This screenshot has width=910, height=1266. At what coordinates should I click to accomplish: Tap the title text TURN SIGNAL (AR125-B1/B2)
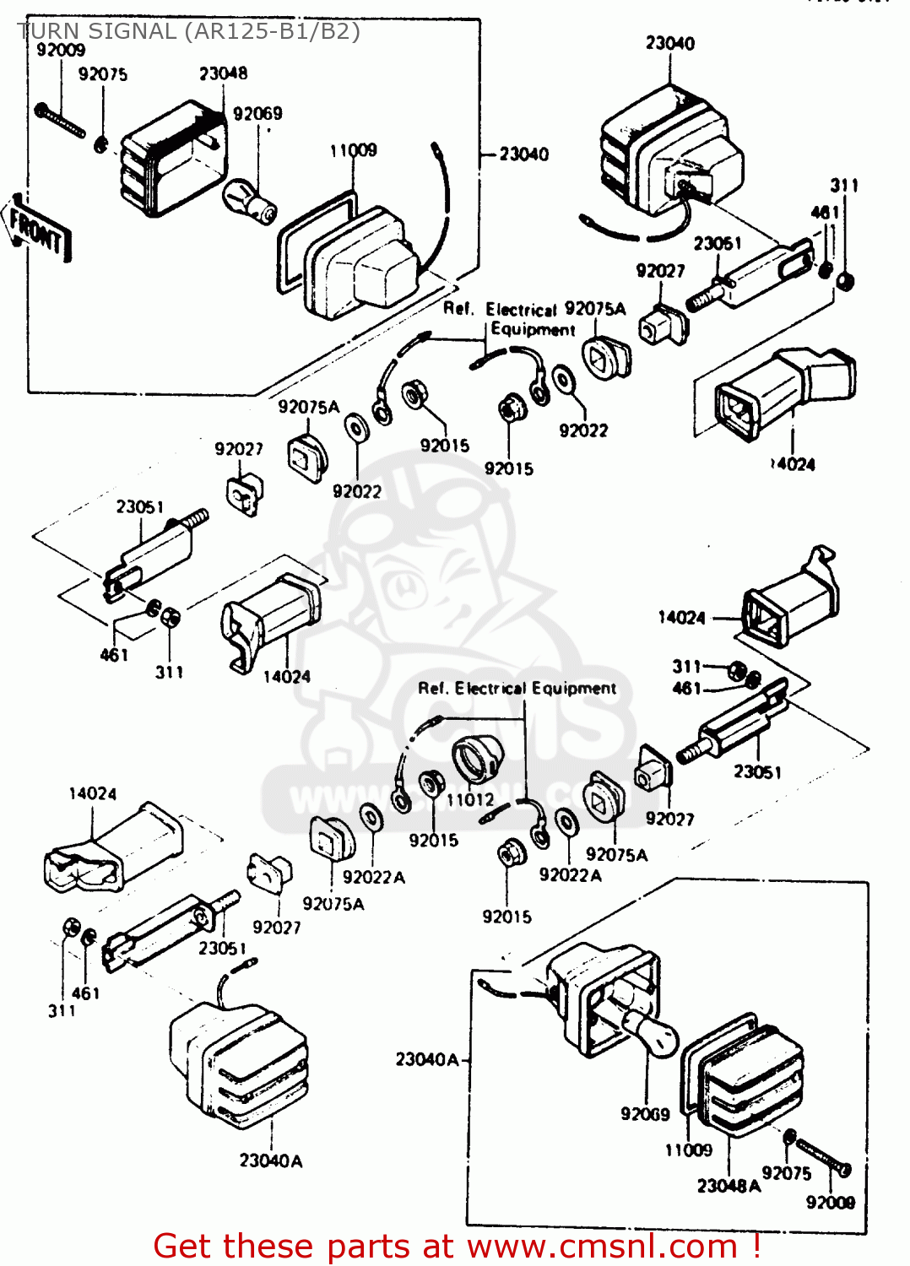point(189,31)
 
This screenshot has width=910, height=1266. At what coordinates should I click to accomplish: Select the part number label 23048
point(223,73)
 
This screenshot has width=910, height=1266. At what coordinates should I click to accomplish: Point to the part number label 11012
point(470,799)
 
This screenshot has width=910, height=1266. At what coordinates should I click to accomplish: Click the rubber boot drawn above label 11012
point(477,759)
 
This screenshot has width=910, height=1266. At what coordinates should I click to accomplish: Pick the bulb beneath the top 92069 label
point(249,203)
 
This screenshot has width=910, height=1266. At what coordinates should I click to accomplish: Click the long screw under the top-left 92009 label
point(61,121)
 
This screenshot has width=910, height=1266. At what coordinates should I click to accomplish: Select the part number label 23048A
point(729,1186)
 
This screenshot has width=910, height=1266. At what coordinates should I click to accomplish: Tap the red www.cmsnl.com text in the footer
point(603,1246)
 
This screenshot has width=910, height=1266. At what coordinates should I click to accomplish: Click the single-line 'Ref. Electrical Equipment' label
point(517,689)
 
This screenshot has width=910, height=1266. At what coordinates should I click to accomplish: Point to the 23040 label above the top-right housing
point(670,43)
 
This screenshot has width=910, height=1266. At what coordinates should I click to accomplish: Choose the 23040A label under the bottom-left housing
point(270,1160)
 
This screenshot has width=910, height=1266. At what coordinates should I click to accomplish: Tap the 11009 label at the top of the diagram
point(353,150)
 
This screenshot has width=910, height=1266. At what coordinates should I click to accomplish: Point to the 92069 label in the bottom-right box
point(645,1114)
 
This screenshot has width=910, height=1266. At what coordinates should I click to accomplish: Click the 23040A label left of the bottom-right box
point(427,1059)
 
